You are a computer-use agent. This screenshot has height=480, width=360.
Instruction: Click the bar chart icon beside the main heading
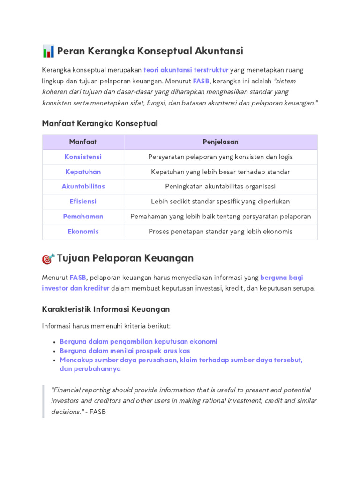pos(48,51)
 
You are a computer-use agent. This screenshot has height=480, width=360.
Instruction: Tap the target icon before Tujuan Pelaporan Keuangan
pos(48,258)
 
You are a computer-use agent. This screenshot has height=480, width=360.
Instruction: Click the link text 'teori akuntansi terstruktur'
pos(186,70)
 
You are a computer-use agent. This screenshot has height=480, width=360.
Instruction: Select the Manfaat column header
pos(83,142)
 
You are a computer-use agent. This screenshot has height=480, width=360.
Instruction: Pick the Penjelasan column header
pos(220,142)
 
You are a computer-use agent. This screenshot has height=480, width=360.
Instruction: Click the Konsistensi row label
pos(83,157)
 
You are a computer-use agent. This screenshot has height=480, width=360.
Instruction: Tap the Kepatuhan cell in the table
pos(83,172)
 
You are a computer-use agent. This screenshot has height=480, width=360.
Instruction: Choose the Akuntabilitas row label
pos(83,186)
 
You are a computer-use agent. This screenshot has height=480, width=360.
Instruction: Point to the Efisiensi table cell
pos(83,201)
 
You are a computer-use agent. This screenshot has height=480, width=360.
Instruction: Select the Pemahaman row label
pos(83,216)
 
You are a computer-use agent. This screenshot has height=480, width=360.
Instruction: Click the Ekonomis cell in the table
pos(83,231)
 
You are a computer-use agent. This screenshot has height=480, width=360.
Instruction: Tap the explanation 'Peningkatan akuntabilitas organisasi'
pos(220,186)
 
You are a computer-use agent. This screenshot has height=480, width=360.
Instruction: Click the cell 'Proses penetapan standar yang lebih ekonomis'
pos(220,231)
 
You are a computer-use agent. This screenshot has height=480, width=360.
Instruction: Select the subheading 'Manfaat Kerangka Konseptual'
pos(100,123)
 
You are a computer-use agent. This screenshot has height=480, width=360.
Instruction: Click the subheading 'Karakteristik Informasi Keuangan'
pos(105,309)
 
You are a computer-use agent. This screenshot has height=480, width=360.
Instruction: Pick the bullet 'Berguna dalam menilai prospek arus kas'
pos(125,351)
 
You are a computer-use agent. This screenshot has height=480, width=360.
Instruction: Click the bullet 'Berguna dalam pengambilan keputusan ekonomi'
pos(138,341)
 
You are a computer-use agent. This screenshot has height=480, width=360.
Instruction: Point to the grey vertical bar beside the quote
pos(43,401)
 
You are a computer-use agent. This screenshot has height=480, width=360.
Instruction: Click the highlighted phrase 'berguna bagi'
pos(282,277)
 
